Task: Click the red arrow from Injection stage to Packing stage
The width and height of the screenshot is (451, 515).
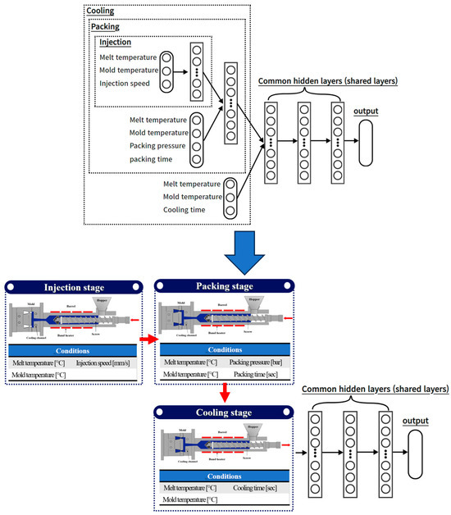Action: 145,337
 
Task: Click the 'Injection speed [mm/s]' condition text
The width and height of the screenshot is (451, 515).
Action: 107,362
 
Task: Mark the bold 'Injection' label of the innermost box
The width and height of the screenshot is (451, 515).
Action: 116,42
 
